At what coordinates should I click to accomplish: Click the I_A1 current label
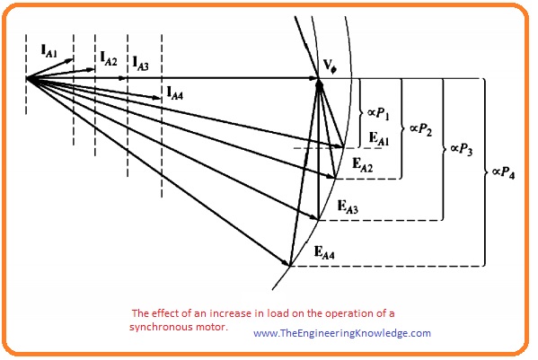tap(49, 51)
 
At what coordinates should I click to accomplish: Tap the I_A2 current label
tap(109, 58)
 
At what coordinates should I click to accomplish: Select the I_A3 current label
tap(141, 64)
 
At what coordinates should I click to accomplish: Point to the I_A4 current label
tap(174, 92)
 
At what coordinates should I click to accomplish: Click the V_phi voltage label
tap(330, 66)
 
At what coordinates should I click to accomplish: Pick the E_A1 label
tap(379, 138)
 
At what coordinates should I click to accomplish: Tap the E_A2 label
tap(362, 164)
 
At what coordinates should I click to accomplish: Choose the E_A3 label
tap(348, 207)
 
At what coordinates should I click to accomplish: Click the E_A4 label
tap(324, 252)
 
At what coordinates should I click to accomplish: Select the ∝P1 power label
tap(378, 113)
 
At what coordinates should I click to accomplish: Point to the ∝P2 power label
tap(420, 129)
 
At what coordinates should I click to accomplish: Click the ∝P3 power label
tap(462, 149)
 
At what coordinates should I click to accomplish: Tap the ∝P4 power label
tap(503, 172)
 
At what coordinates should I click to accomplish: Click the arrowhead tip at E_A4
tap(290, 266)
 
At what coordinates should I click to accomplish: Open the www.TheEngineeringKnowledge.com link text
tap(342, 333)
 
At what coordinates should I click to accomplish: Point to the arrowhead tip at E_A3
tap(319, 219)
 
